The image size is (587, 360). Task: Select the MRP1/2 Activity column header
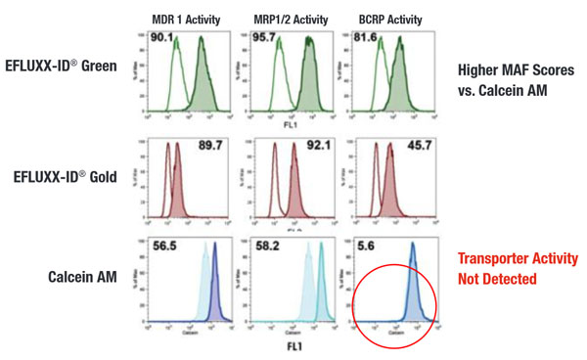[287, 18]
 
